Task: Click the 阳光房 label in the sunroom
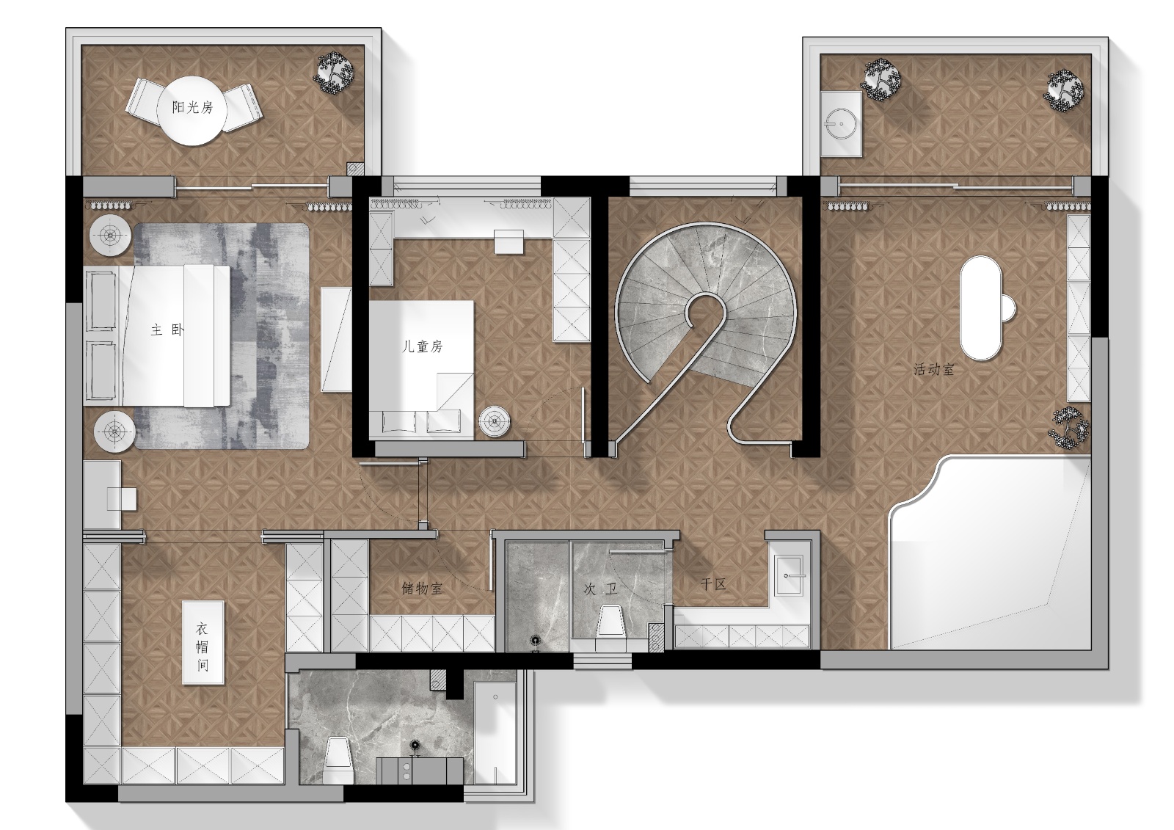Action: point(193,107)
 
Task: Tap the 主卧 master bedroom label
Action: point(168,330)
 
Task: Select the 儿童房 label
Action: point(423,346)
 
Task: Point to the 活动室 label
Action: point(934,369)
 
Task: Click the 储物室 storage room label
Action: point(422,589)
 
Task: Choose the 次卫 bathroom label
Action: point(601,589)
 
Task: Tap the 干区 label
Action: point(713,584)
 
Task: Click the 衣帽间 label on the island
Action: point(203,647)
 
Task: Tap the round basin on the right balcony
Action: point(841,124)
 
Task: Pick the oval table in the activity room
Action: point(981,307)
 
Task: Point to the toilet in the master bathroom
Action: point(338,760)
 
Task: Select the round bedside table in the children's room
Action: point(495,422)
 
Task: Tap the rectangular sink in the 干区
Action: point(790,575)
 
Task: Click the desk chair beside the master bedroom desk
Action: point(123,498)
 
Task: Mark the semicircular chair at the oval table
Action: point(1008,309)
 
